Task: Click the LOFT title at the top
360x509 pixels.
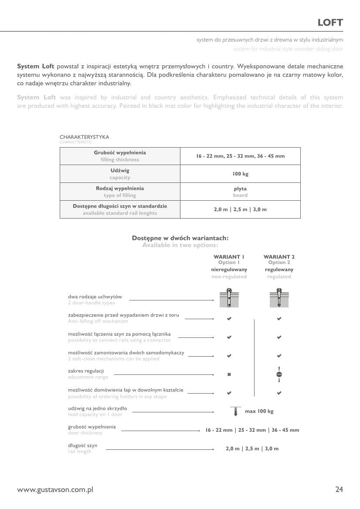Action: [330, 23]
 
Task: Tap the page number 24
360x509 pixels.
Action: [339, 489]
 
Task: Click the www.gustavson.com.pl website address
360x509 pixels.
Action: [55, 490]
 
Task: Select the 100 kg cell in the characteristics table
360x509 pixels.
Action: [240, 174]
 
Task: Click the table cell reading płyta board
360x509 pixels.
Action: [240, 192]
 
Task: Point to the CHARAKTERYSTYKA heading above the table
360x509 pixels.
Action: [84, 137]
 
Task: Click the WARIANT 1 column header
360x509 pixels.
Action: [229, 257]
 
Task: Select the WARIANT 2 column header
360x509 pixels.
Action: [279, 257]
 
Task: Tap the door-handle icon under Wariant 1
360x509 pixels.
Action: [229, 298]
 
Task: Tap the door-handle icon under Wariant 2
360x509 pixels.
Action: [279, 298]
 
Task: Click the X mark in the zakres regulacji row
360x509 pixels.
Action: [229, 374]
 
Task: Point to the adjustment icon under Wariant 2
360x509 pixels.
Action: [279, 374]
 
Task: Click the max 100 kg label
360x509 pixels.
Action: [259, 411]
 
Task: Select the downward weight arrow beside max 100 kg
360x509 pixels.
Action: [235, 411]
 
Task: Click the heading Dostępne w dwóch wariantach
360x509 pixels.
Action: [180, 238]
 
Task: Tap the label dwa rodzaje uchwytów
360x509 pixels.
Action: [95, 297]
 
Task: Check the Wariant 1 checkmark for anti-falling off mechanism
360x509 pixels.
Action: [229, 319]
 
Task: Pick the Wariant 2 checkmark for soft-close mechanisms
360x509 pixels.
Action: [279, 356]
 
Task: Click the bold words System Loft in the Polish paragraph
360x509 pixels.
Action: [36, 66]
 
